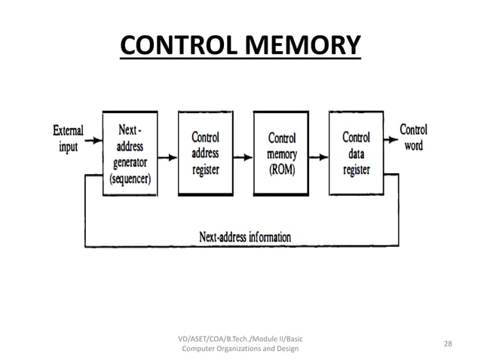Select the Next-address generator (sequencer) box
pyautogui.click(x=130, y=152)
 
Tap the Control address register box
pyautogui.click(x=206, y=154)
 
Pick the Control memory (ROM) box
pyautogui.click(x=282, y=154)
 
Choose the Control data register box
pyautogui.click(x=356, y=154)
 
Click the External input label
pyautogui.click(x=68, y=138)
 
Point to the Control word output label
pyautogui.click(x=413, y=136)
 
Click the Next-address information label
pyautogui.click(x=244, y=236)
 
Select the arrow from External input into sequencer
pyautogui.click(x=93, y=139)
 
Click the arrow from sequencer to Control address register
pyautogui.click(x=169, y=157)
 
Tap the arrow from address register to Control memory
pyautogui.click(x=244, y=157)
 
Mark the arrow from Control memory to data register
pyautogui.click(x=320, y=157)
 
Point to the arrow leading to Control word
pyautogui.click(x=391, y=139)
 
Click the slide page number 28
pyautogui.click(x=448, y=343)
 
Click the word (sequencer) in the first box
pyautogui.click(x=130, y=179)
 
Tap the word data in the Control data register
pyautogui.click(x=356, y=154)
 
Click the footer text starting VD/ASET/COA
pyautogui.click(x=239, y=343)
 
